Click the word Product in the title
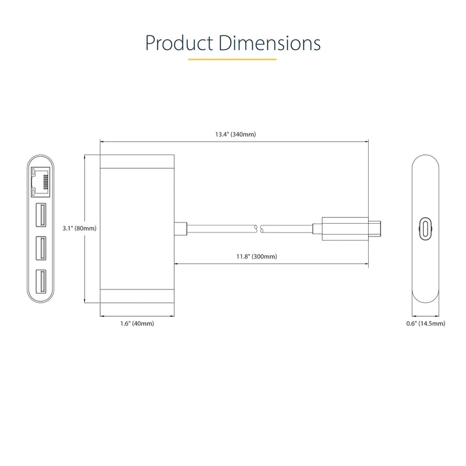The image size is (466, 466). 179,43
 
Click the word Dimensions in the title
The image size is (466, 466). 270,43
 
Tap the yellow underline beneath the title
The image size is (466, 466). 232,59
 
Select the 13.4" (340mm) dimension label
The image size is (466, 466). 236,135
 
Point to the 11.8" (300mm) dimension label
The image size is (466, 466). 257,256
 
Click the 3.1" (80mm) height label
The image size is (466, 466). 80,228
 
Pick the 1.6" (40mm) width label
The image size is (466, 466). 137,323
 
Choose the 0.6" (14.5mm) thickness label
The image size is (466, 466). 426,323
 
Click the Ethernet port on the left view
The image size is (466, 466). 40,182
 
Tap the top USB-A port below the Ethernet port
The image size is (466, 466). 41,215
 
